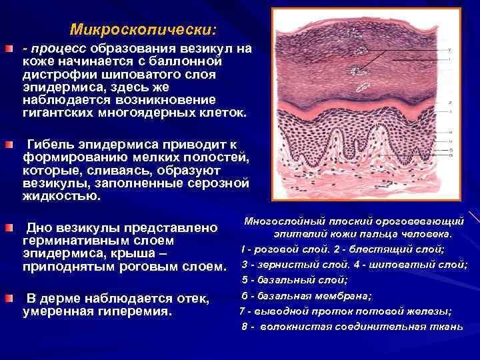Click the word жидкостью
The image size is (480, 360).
click(61, 197)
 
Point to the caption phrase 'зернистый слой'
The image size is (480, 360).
click(291, 265)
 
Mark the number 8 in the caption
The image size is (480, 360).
click(245, 326)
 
